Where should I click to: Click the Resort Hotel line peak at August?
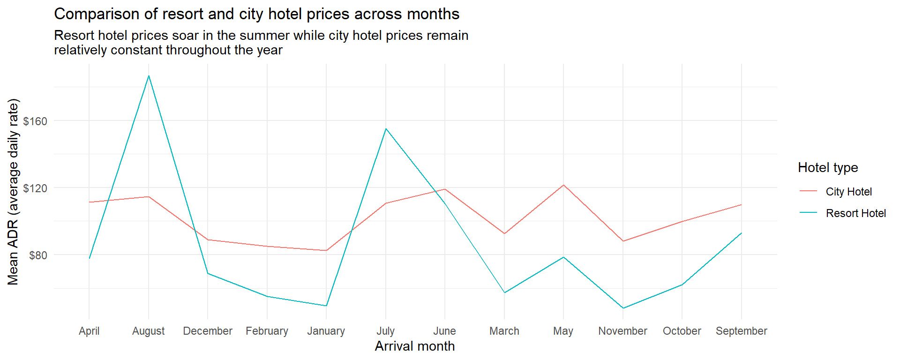tap(149, 76)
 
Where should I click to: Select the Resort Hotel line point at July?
tap(386, 128)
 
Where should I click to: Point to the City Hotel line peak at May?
tap(563, 185)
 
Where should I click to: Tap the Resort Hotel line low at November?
tap(623, 308)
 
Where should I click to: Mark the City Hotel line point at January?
tap(326, 250)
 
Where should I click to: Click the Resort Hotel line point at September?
tap(741, 233)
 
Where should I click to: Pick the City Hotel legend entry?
tap(848, 192)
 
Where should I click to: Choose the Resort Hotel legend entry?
tap(855, 213)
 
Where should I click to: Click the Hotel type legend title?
tap(828, 168)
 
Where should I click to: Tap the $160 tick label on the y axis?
tap(35, 121)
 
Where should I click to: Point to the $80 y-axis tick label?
tap(38, 255)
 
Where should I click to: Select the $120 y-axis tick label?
tap(35, 188)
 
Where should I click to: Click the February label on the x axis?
tap(267, 331)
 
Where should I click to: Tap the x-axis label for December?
tap(208, 331)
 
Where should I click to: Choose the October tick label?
tap(682, 331)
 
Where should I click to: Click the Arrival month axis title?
tap(415, 346)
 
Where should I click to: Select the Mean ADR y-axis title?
tap(13, 192)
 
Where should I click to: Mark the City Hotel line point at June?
tap(445, 189)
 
